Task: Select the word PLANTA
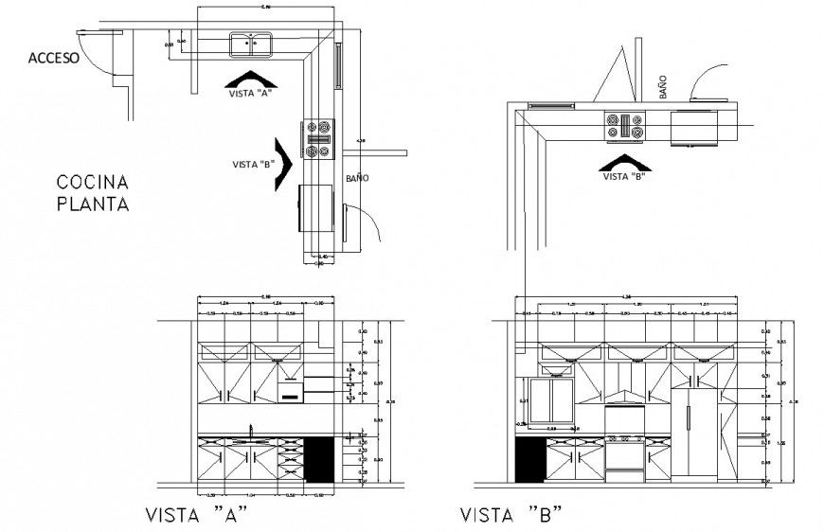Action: click(x=92, y=203)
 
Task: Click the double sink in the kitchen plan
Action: click(x=251, y=44)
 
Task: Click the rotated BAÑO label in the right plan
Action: click(x=663, y=89)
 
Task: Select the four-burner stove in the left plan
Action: click(x=318, y=138)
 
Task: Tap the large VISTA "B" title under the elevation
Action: click(x=511, y=516)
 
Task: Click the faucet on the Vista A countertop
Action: click(x=250, y=431)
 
